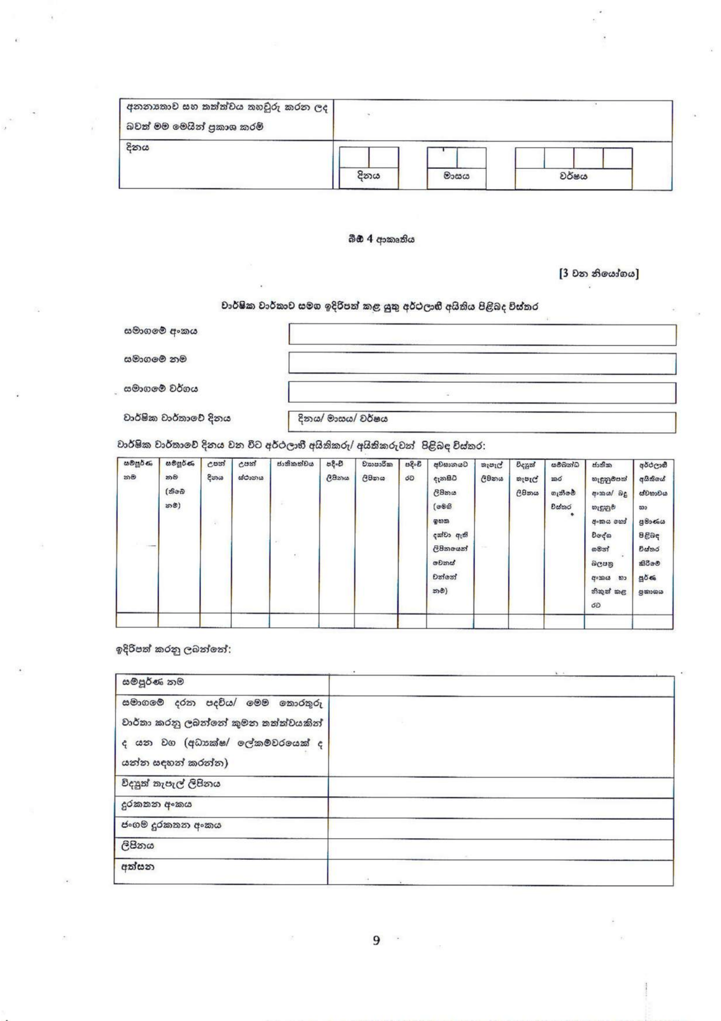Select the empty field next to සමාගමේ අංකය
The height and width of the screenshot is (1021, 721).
click(x=482, y=334)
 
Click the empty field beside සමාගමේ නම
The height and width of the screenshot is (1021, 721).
click(x=482, y=363)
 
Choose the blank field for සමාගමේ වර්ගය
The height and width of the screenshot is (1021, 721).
click(x=482, y=392)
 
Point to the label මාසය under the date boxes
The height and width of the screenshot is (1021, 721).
click(x=456, y=176)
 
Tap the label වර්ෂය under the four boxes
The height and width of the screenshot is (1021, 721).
click(x=573, y=176)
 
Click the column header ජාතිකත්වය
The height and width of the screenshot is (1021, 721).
click(x=294, y=464)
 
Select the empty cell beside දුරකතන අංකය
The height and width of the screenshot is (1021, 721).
click(x=500, y=804)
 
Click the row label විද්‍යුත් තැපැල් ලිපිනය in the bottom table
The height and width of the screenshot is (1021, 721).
click(x=171, y=784)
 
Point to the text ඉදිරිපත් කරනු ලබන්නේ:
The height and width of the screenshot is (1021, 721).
click(x=173, y=650)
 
